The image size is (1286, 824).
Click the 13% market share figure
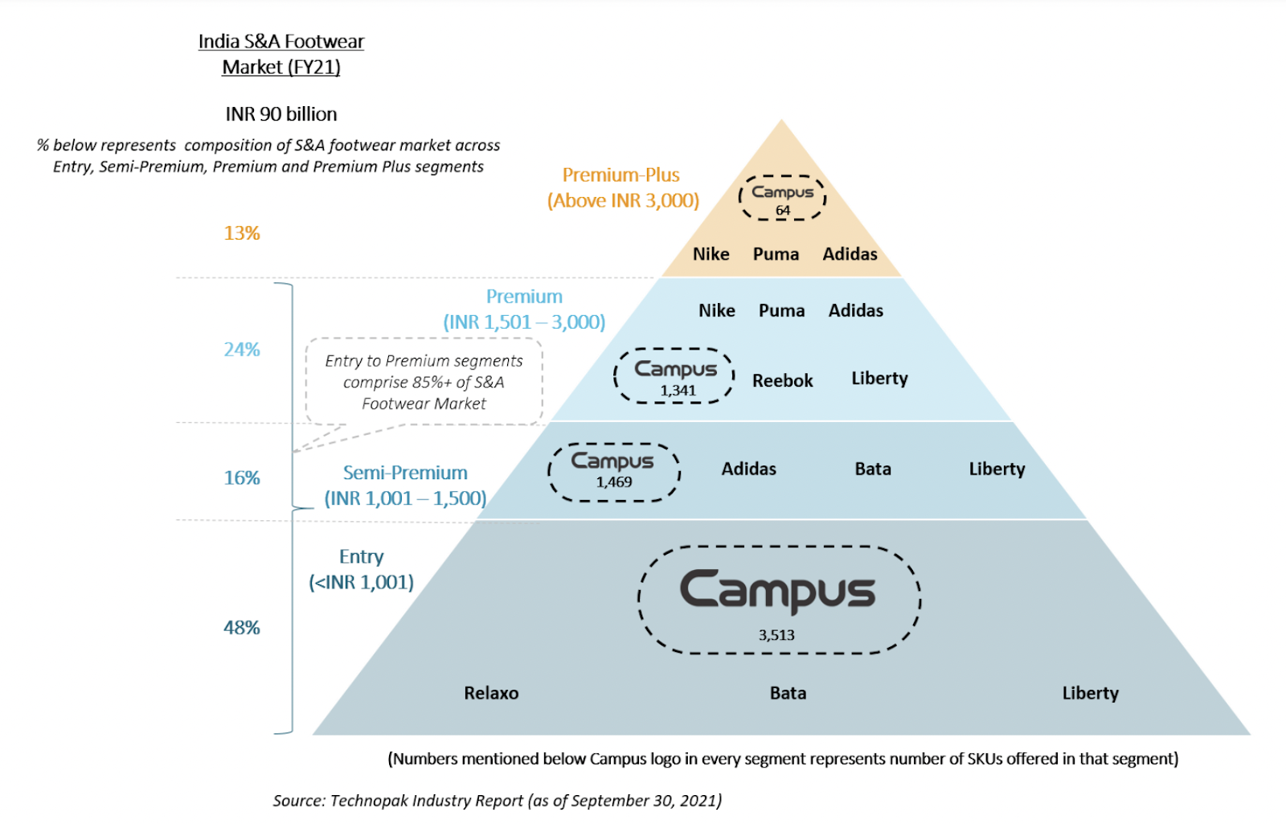242,233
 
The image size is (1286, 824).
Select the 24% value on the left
242,349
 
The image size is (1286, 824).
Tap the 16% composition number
242,478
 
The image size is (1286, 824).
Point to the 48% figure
242,628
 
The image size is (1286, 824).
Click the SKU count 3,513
776,635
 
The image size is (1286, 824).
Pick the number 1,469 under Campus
614,482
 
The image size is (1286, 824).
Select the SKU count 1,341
678,391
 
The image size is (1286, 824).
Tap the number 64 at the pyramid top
783,211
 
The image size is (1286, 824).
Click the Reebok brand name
783,381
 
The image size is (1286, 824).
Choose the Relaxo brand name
491,693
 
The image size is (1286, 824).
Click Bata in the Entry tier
788,693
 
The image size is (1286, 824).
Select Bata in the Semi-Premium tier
873,469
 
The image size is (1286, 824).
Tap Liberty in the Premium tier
879,379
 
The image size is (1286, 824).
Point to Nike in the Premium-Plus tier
711,254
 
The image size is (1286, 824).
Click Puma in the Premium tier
782,310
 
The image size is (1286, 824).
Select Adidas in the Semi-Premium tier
748,469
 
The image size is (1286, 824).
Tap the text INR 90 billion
281,114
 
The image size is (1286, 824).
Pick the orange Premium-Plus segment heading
623,188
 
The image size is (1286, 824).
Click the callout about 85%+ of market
424,382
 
